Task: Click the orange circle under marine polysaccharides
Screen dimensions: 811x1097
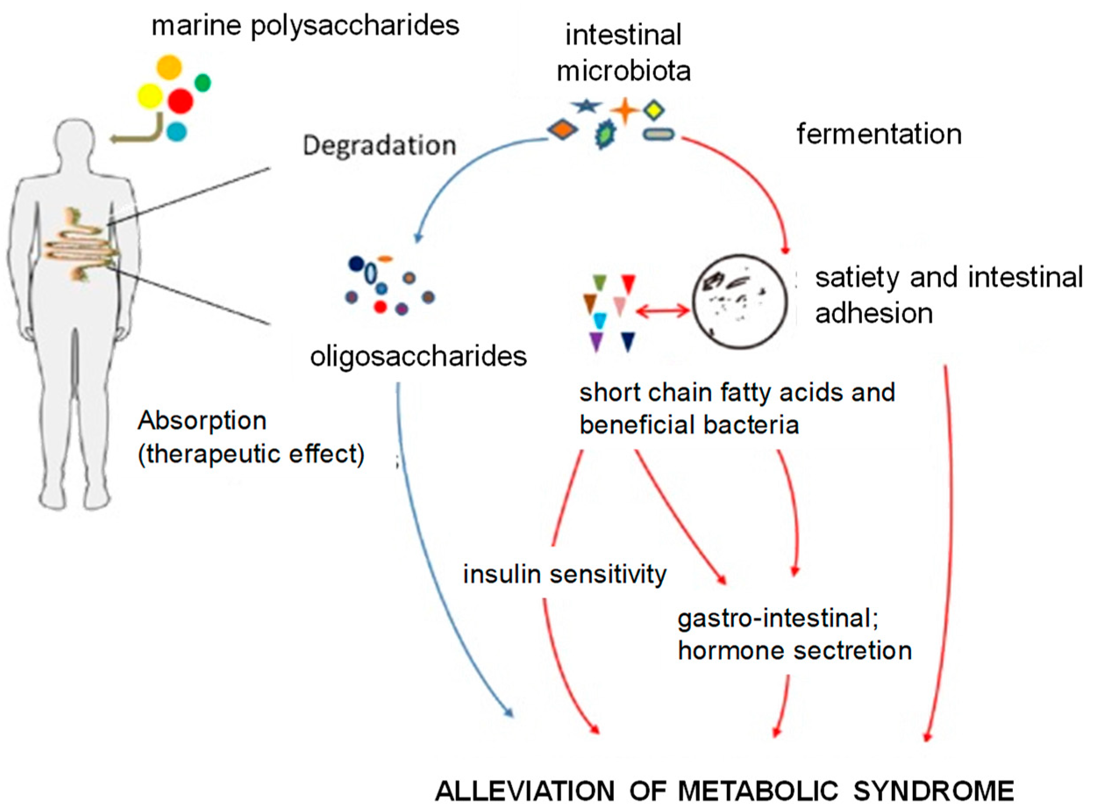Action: pos(169,67)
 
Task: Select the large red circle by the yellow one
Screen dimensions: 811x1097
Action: pos(180,101)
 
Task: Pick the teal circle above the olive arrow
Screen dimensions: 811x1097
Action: pos(176,131)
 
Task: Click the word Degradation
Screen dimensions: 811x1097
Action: pos(379,146)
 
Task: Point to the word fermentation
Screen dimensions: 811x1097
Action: pos(879,134)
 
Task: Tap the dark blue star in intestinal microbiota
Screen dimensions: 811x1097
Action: pos(585,105)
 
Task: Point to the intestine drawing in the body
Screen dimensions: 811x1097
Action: pos(81,245)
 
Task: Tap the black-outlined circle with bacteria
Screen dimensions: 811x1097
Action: pos(740,302)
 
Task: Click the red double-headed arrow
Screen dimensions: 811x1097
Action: pos(662,310)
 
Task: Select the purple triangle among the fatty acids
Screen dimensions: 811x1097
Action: pos(596,341)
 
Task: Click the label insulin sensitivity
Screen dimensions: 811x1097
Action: pos(565,574)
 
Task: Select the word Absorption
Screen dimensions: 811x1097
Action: pos(202,421)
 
